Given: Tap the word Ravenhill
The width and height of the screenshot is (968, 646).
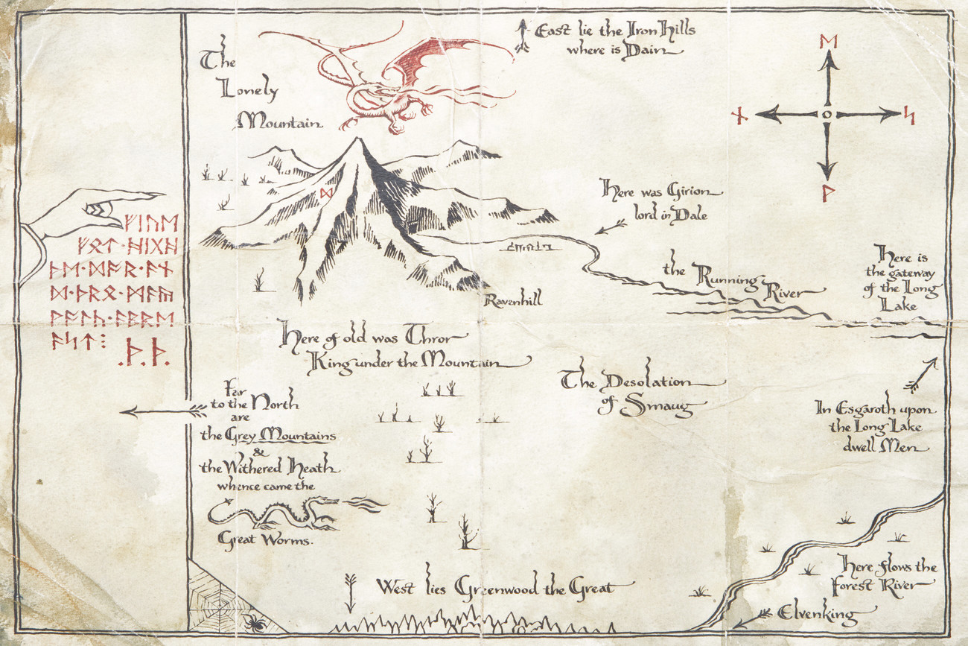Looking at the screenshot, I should (513, 300).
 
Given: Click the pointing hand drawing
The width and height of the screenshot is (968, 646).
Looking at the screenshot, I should (89, 212).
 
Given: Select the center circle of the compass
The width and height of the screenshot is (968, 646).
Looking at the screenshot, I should (827, 114).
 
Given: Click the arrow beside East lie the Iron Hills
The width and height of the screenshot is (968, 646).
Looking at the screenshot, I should (523, 37).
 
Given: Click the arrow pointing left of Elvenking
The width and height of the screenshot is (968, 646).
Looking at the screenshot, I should (752, 619).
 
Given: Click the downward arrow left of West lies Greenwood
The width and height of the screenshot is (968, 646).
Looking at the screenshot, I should (351, 592).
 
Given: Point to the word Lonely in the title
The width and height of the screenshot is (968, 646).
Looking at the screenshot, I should (249, 90).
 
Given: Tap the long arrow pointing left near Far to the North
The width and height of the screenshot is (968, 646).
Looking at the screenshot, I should (164, 411).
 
